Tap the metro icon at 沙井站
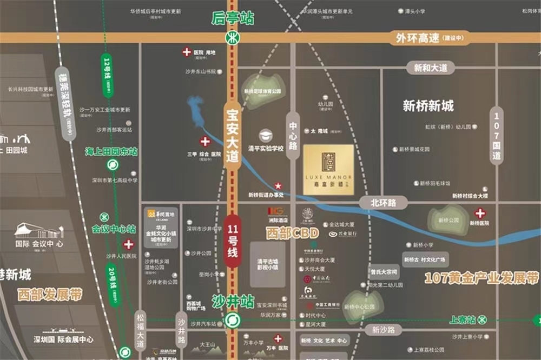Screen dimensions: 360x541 point(233,319)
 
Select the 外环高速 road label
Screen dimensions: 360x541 point(417,38)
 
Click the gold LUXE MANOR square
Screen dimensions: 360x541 point(328,166)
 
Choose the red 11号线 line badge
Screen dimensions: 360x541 point(233,241)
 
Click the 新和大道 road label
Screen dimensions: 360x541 point(431,68)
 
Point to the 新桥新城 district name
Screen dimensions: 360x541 point(428,106)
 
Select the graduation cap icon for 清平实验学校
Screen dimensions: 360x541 point(266,135)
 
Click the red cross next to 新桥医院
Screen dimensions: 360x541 point(479,213)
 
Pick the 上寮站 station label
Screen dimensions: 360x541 point(463,319)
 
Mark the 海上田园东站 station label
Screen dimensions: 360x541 point(111,152)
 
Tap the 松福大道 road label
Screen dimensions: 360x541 point(141,330)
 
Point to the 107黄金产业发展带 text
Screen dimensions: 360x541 point(481,279)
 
